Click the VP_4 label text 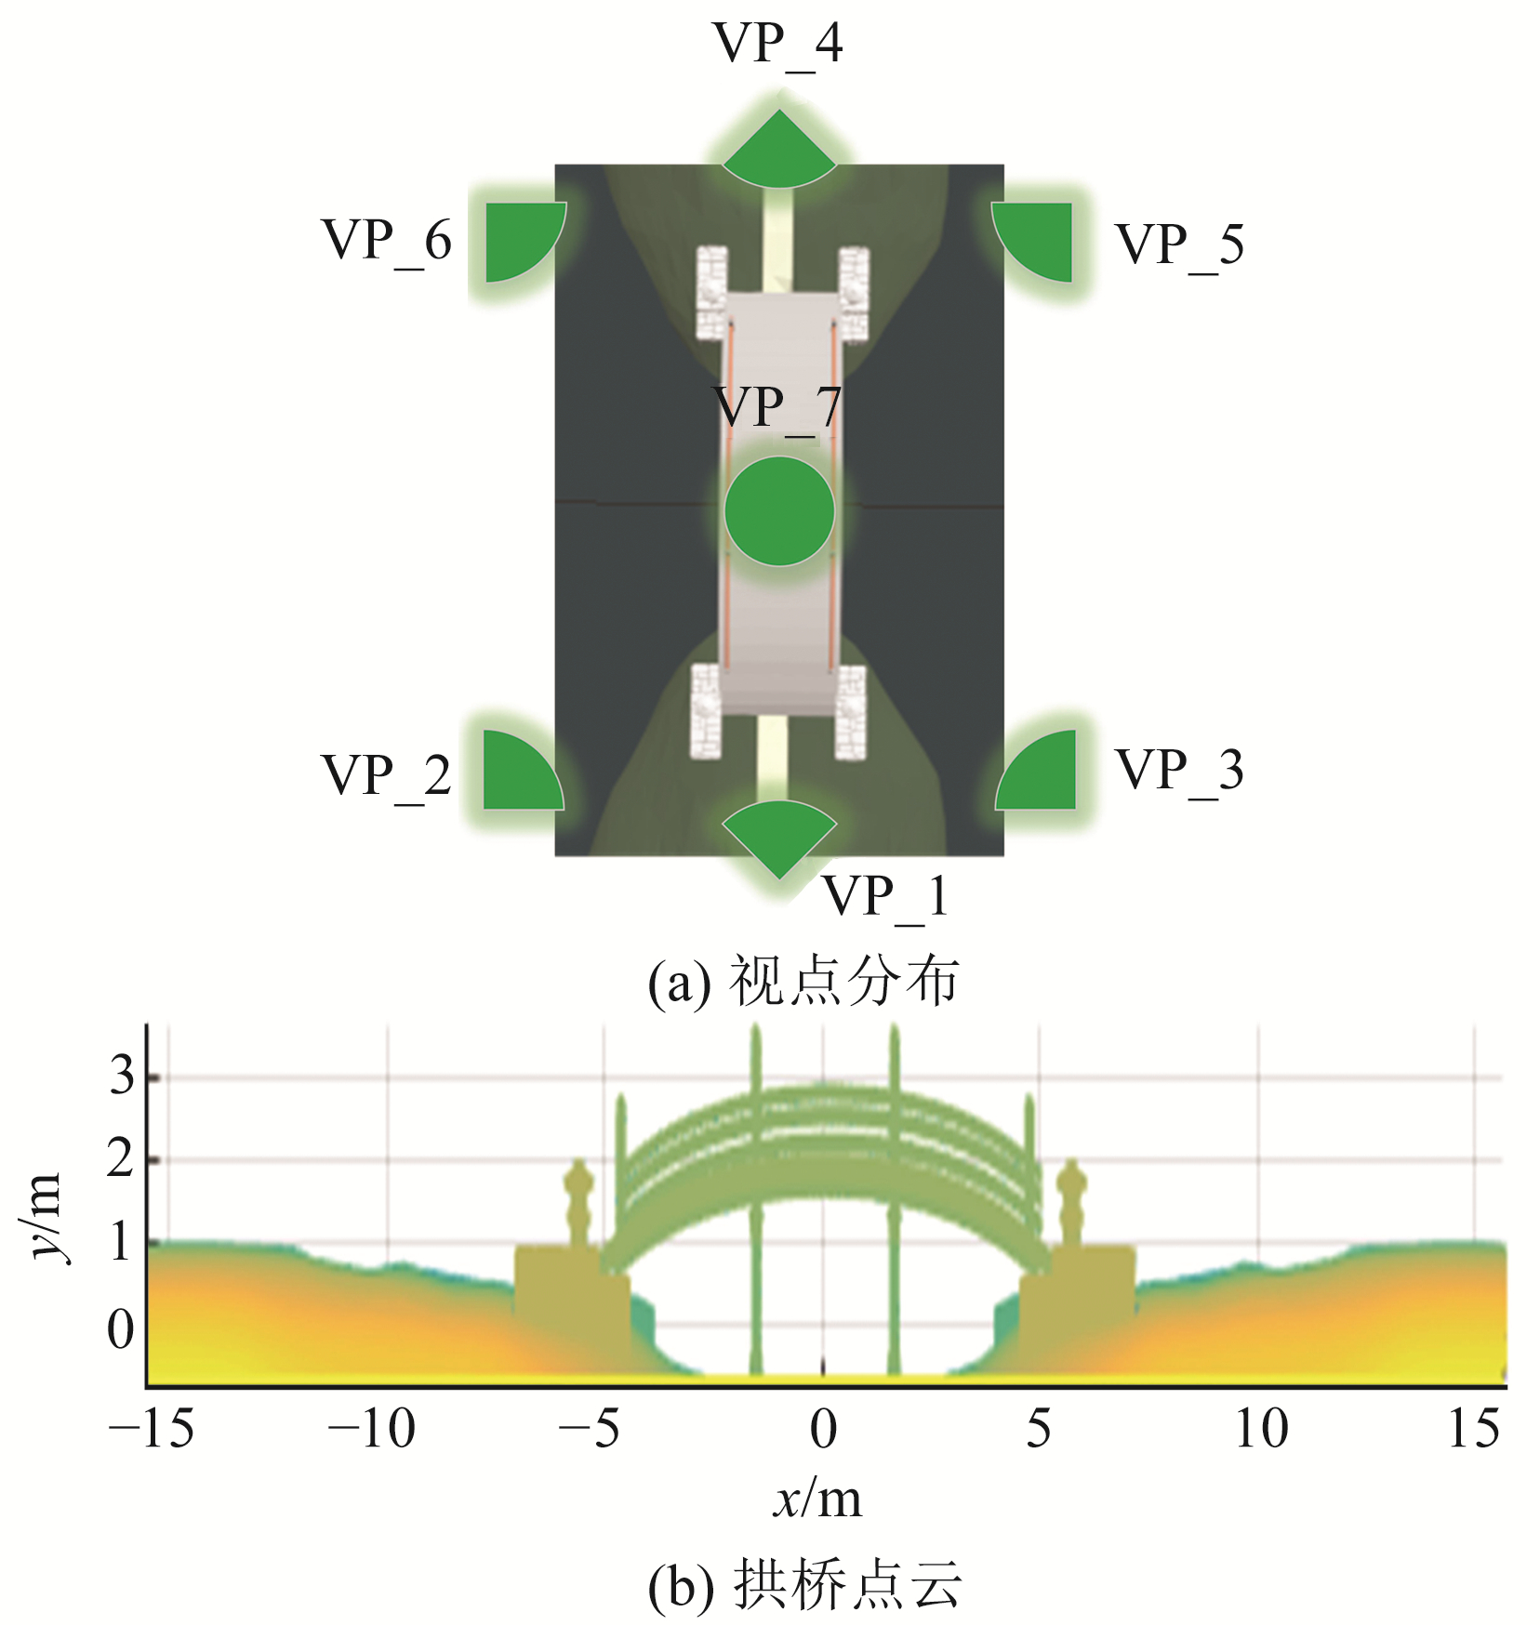777,45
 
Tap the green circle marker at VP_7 779,511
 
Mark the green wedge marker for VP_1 779,838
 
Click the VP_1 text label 886,898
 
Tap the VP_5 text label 1179,246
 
